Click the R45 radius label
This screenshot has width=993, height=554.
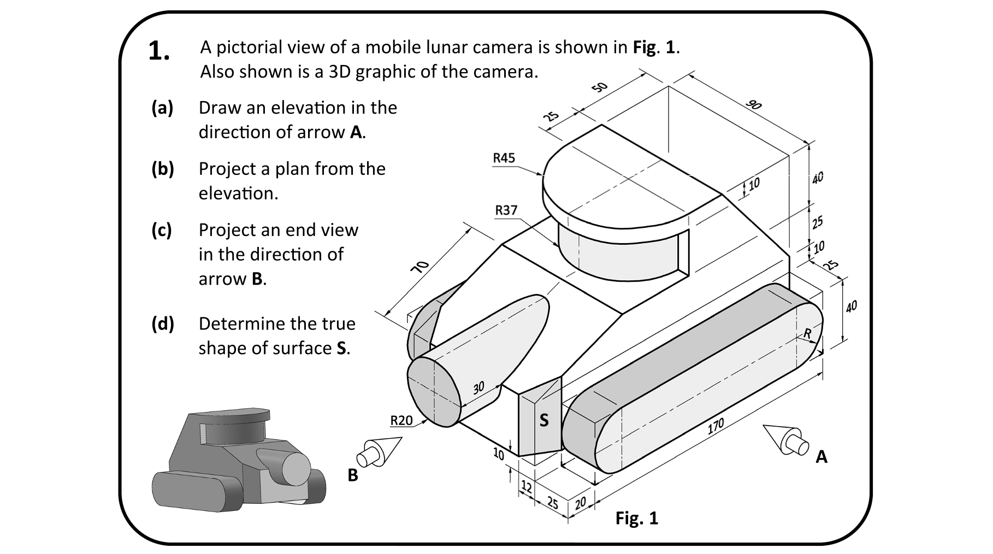tap(504, 158)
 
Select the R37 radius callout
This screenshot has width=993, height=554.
tap(506, 210)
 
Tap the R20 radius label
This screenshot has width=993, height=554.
tap(401, 420)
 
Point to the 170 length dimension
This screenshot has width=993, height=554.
tap(716, 426)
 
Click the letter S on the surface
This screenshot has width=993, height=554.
tap(544, 420)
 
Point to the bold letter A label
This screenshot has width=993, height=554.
tap(821, 457)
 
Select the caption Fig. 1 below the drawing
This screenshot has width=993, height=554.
tap(637, 517)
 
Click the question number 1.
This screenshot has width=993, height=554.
tap(159, 51)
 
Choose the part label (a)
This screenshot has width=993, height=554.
tap(162, 108)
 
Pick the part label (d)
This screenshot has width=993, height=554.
tap(163, 324)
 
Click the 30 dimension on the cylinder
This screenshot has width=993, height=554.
tap(478, 388)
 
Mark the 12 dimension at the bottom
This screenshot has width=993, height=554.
tap(527, 486)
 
